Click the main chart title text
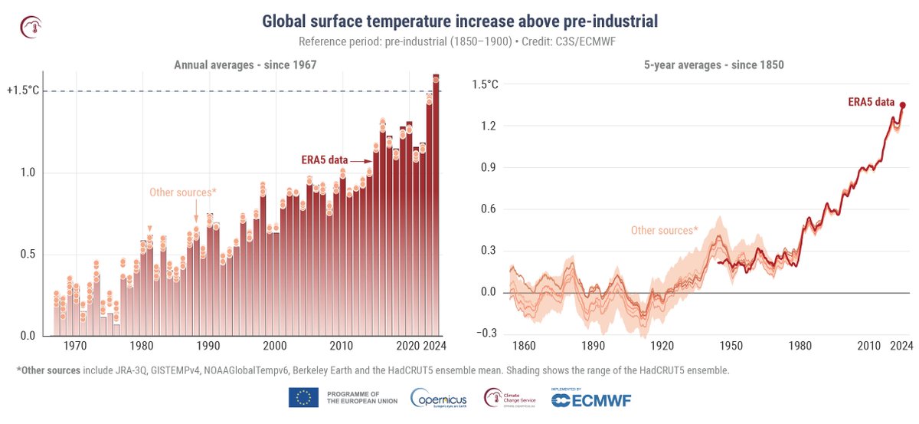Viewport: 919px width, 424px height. coord(459,21)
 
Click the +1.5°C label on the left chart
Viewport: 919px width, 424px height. coord(23,90)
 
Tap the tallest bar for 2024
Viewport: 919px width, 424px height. coord(436,207)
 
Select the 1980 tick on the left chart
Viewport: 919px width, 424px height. coord(139,345)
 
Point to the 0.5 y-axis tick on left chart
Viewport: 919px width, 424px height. coord(27,255)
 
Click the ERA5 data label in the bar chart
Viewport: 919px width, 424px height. coord(322,160)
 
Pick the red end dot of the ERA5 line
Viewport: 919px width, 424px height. coord(902,105)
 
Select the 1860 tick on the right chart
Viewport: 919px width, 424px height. coord(524,345)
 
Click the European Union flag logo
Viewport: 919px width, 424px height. coord(303,397)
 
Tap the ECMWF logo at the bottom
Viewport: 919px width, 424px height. coord(590,398)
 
